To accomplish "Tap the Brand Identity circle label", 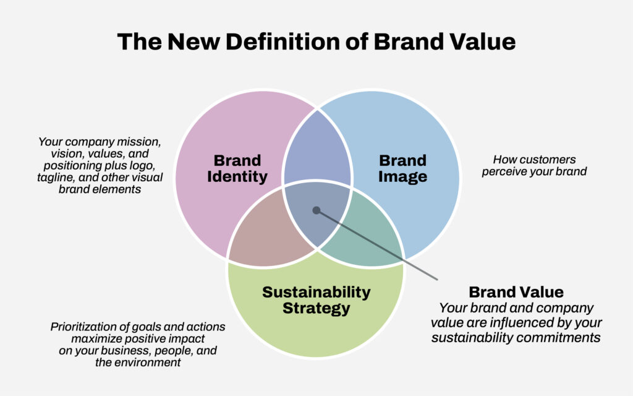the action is coord(237,168).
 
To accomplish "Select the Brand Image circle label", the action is coord(402,168).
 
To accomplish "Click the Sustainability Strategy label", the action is coord(316,300).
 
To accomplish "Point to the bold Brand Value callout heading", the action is coord(516,292).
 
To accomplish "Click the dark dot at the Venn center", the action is coord(316,210).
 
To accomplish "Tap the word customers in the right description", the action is coord(549,160).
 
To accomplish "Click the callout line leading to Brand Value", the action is coord(377,244).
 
